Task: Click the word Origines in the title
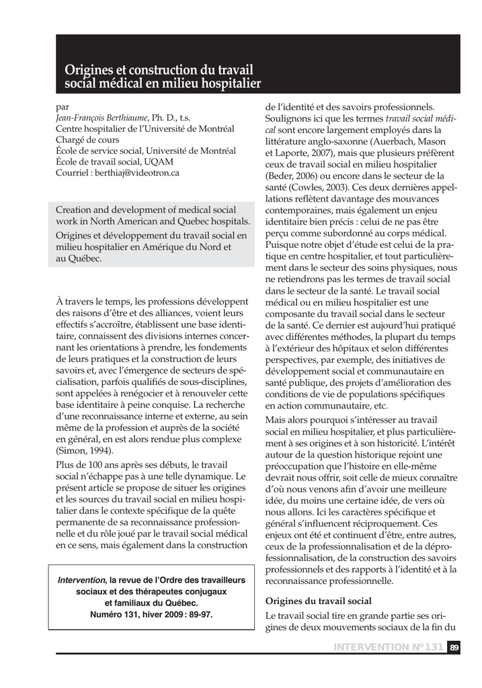pyautogui.click(x=90, y=70)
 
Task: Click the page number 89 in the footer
pyautogui.click(x=454, y=646)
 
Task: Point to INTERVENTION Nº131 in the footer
pyautogui.click(x=388, y=646)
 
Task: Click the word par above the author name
pyautogui.click(x=62, y=107)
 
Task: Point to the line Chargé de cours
pyautogui.click(x=87, y=140)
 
